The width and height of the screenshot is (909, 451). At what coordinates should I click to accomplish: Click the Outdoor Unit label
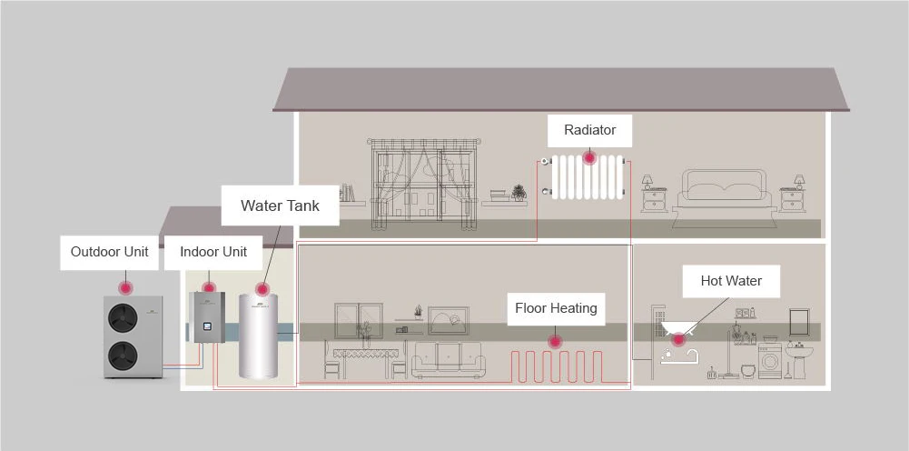tap(109, 252)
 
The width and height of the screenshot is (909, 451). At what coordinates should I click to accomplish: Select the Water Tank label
tap(280, 205)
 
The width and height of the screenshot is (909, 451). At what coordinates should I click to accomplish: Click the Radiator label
tap(589, 130)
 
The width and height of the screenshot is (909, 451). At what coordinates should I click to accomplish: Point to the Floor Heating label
tap(556, 308)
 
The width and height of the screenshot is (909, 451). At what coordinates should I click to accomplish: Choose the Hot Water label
tap(731, 281)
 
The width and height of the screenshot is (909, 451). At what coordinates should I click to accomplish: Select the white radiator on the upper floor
tap(588, 177)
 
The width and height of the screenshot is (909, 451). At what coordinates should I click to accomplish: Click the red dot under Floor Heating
tap(553, 341)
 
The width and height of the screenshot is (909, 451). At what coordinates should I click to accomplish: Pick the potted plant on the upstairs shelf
tap(519, 192)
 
